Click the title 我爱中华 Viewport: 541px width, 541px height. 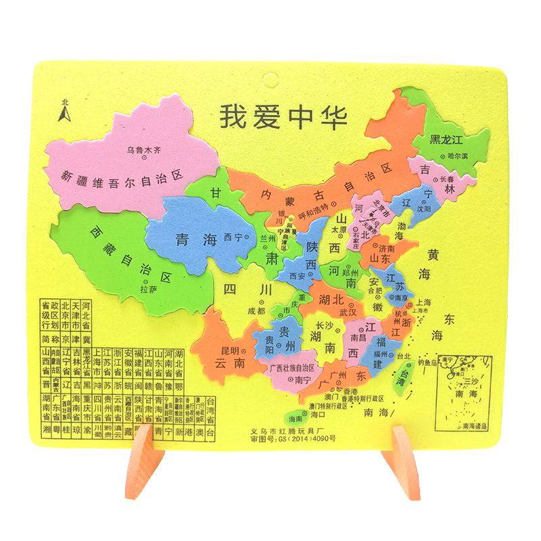(283, 116)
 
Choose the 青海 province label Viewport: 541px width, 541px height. (192, 239)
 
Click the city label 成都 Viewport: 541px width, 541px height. (256, 311)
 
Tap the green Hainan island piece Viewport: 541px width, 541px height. (295, 419)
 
